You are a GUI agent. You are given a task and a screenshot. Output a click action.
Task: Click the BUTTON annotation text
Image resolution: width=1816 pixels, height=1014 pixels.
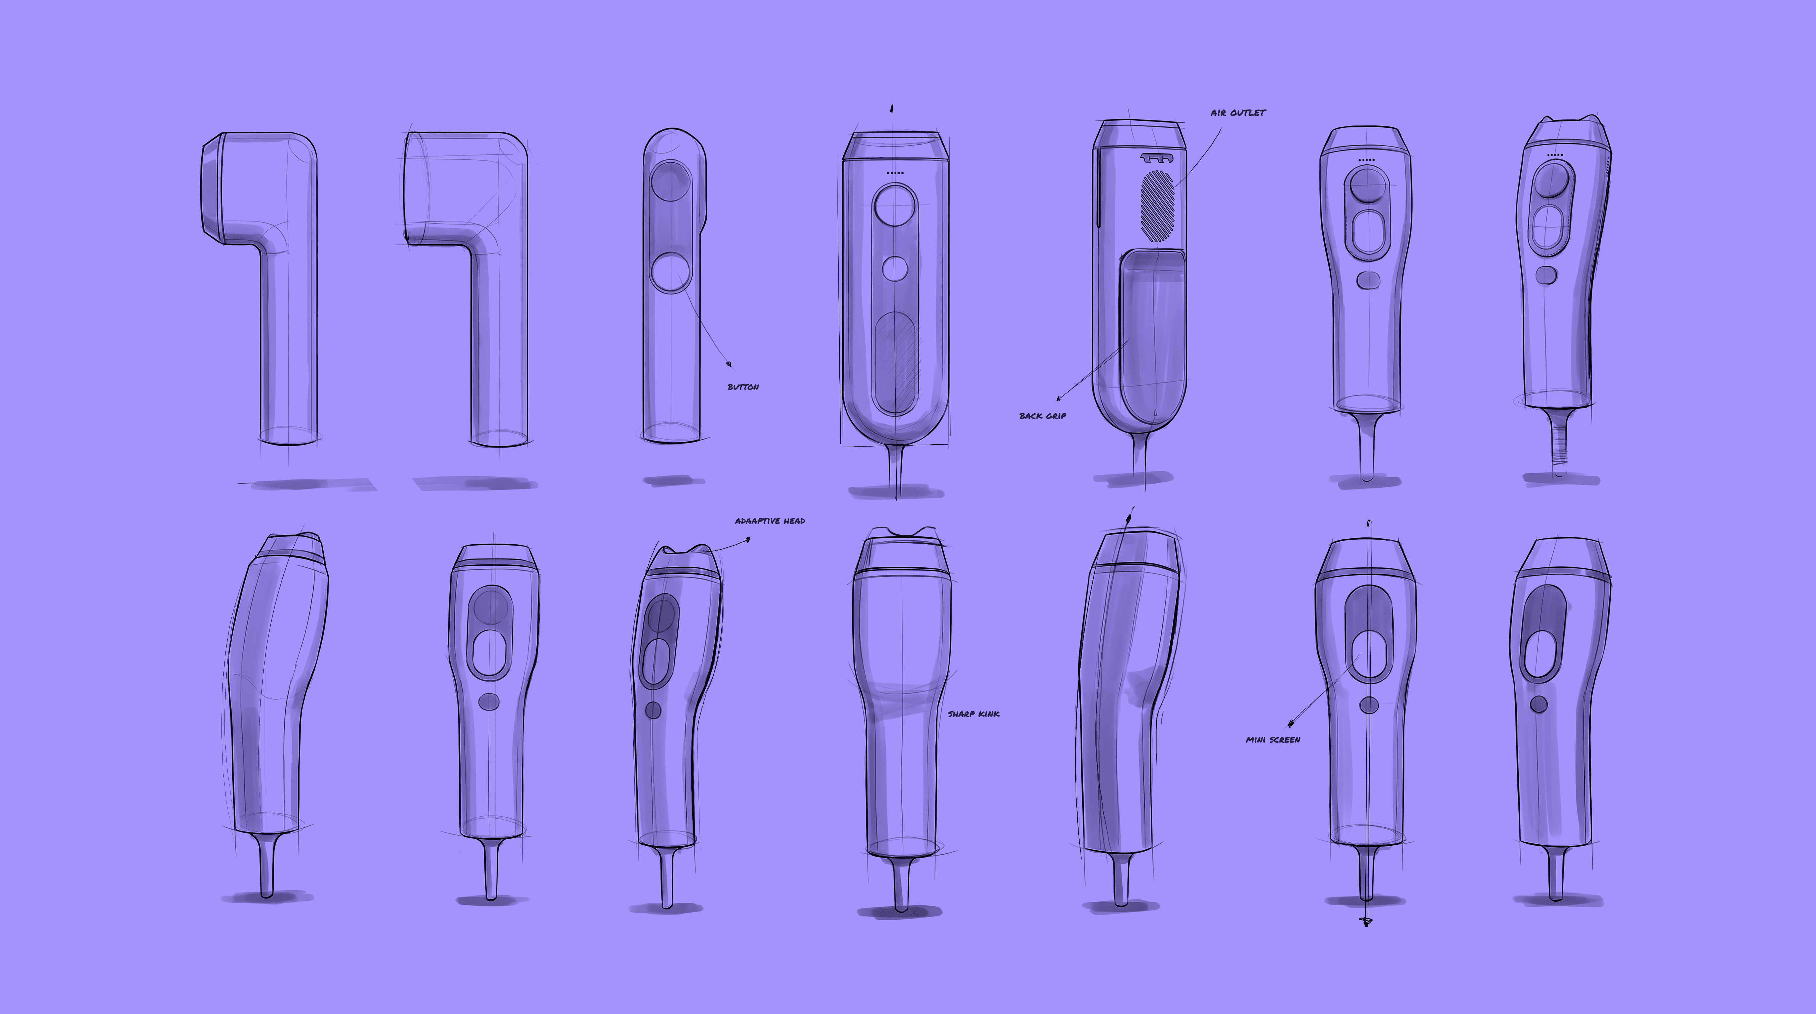[x=743, y=387]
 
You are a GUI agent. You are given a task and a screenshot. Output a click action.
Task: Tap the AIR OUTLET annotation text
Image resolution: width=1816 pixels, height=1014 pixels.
[x=1238, y=113]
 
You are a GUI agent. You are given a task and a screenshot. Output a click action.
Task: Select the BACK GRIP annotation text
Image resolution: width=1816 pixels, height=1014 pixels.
[x=1043, y=416]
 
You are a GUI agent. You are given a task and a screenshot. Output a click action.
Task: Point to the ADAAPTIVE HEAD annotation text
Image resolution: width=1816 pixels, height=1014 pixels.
[x=770, y=521]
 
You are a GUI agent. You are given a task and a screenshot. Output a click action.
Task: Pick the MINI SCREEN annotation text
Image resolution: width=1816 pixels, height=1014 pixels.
[x=1273, y=740]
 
